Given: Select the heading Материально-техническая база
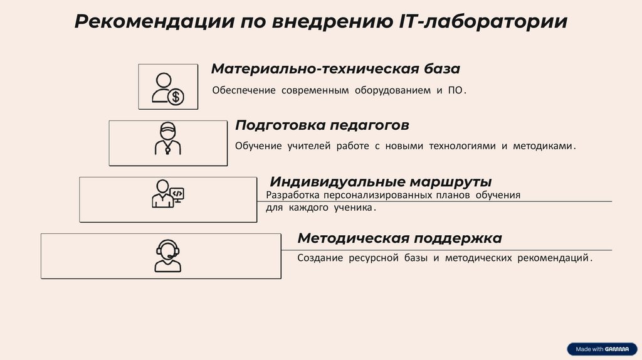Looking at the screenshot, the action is click(335, 68).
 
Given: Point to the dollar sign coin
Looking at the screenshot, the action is click(176, 97).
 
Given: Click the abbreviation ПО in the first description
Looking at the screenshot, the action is click(456, 90).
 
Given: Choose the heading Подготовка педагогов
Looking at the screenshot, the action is click(322, 125).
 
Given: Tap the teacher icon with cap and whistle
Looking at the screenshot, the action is click(167, 139).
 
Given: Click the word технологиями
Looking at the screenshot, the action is click(462, 146).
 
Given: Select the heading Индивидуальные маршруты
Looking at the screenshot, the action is click(380, 183).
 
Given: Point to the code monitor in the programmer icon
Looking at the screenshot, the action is click(177, 193).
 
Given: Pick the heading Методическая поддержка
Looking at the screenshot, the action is click(399, 238).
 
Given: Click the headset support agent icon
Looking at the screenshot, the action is click(167, 256).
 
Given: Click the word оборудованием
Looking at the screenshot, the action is click(390, 90).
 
